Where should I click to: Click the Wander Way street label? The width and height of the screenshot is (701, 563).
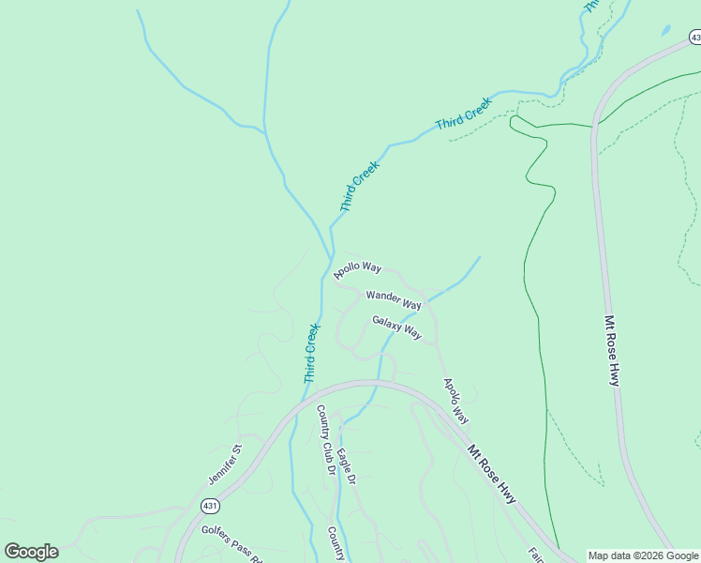click(x=394, y=300)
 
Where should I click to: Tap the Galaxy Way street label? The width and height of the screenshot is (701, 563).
click(x=396, y=327)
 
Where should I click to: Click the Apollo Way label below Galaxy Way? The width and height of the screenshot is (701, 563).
click(x=455, y=401)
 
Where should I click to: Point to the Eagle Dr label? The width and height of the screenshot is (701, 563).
click(x=347, y=466)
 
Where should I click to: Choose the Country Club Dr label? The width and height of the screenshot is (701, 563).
click(x=325, y=441)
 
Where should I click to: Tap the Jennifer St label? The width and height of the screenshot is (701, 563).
click(x=225, y=464)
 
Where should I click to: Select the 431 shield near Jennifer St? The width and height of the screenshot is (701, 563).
click(x=209, y=506)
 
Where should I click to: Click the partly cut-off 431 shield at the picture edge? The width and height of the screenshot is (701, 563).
click(x=694, y=37)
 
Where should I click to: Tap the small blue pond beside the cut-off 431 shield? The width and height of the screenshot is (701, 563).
click(x=665, y=30)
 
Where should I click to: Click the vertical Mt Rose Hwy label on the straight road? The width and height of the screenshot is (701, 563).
click(x=612, y=350)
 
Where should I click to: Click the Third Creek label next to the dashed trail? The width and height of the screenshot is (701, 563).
click(x=463, y=113)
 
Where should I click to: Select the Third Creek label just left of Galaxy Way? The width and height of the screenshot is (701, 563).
click(x=311, y=353)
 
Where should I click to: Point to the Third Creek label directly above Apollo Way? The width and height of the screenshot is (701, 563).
click(x=359, y=186)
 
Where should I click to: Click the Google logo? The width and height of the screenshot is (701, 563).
click(x=31, y=552)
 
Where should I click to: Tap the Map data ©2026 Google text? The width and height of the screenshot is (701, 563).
click(x=643, y=555)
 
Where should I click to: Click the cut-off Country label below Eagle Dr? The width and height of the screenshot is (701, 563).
click(x=336, y=542)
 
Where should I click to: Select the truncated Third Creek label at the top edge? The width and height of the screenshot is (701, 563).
click(x=589, y=5)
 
